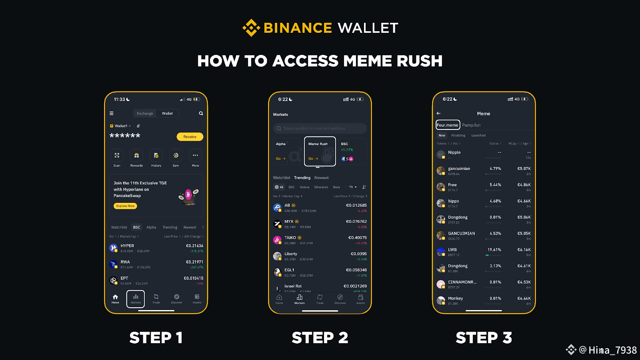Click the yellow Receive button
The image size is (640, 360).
(x=190, y=137)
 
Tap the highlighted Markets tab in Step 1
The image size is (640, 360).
(x=136, y=299)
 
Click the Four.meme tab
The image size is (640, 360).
(x=448, y=125)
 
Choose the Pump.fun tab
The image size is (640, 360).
(x=472, y=125)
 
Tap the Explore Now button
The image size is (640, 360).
(x=125, y=206)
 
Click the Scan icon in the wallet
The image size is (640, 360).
(x=117, y=156)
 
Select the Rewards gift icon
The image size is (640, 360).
(x=136, y=156)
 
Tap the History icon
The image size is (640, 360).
(x=156, y=156)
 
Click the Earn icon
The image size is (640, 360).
(x=176, y=156)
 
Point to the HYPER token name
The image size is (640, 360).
(x=127, y=246)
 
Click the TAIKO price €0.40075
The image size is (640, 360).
(x=357, y=238)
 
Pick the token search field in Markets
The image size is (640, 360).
(x=320, y=128)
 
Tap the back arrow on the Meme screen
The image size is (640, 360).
(x=438, y=114)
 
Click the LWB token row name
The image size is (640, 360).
(x=452, y=250)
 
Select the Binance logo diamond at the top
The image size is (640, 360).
(x=251, y=28)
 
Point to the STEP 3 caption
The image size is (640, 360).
(x=484, y=338)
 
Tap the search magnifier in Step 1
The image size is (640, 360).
(x=201, y=114)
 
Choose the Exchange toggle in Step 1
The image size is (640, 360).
(x=145, y=114)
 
